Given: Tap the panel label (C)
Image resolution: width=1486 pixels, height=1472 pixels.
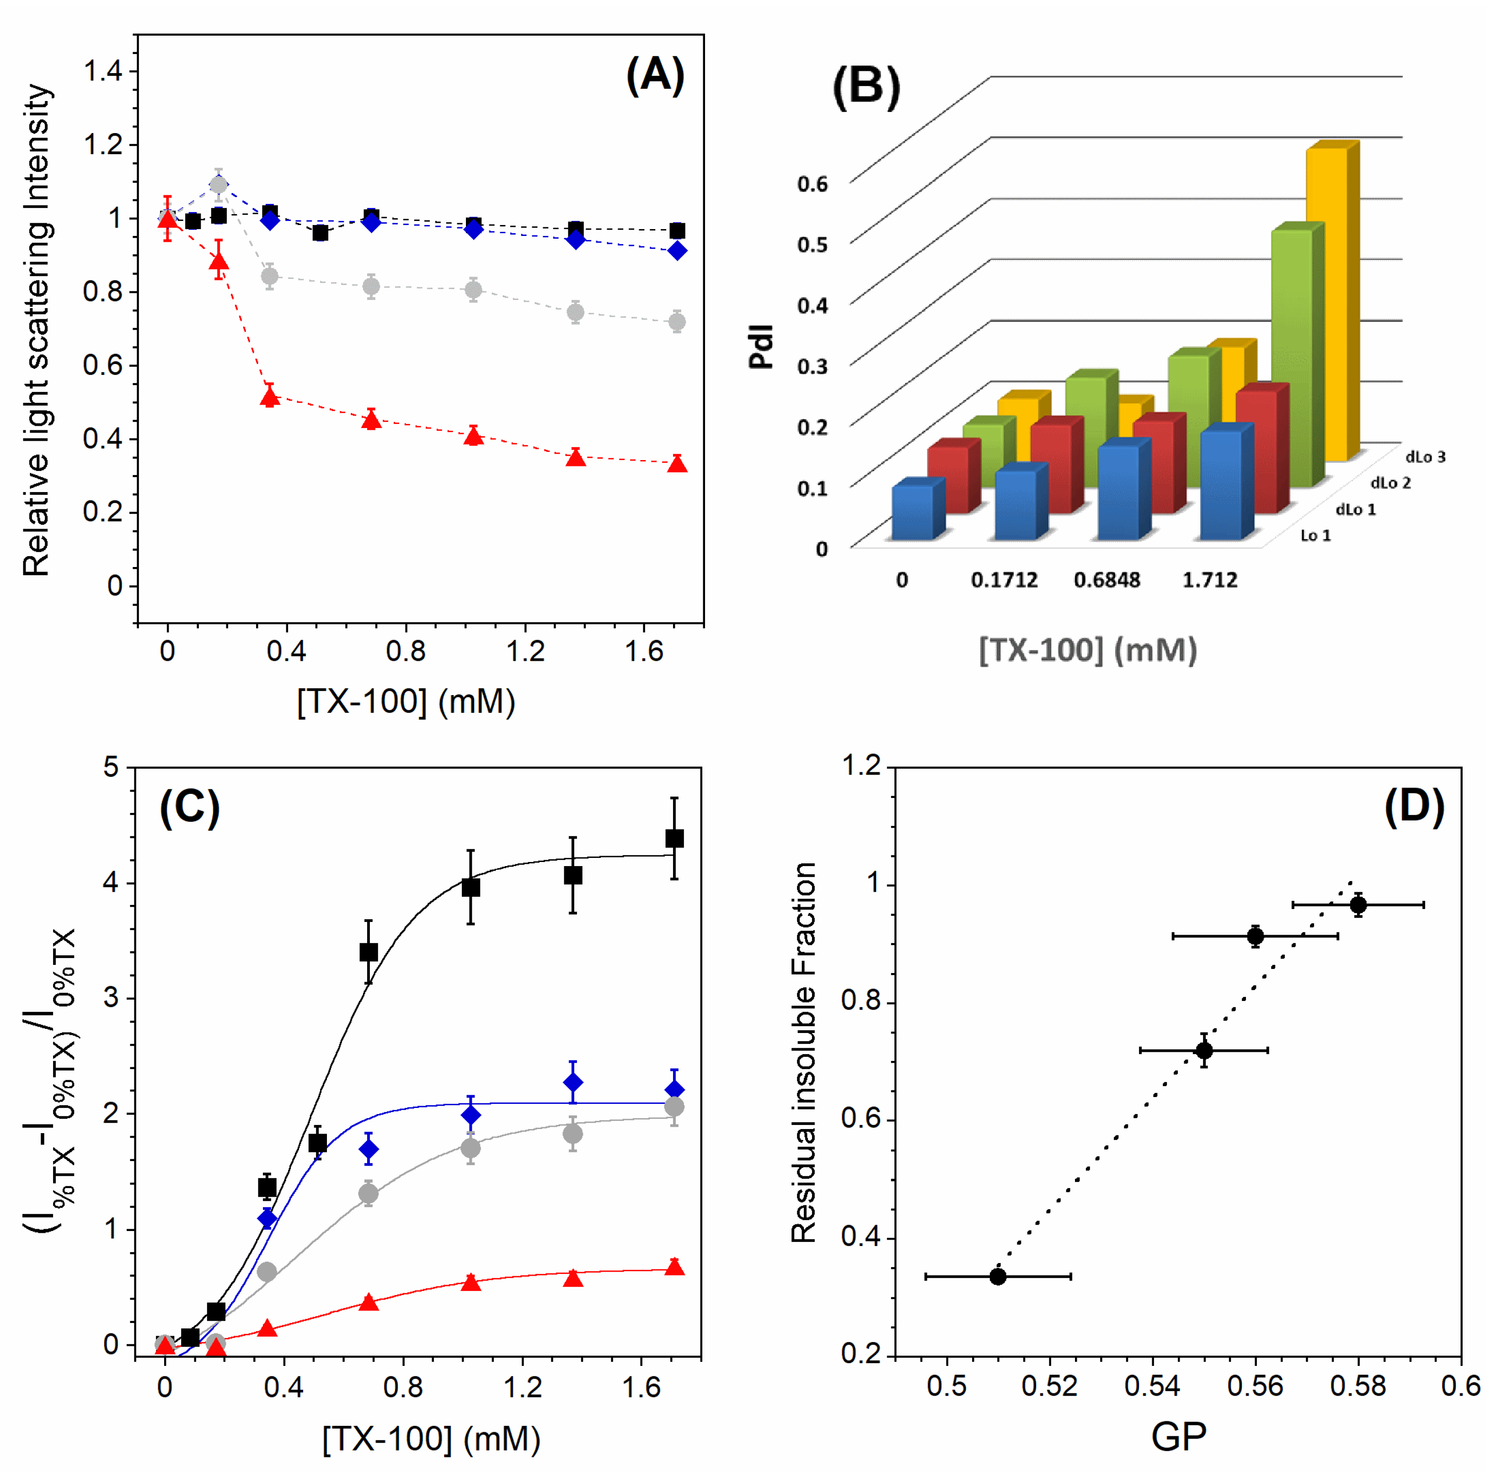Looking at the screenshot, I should coord(189,808).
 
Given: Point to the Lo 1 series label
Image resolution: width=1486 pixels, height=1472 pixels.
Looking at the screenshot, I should coord(1315,535).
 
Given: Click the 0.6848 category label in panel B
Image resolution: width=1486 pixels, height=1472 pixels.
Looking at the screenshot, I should coord(1107,580).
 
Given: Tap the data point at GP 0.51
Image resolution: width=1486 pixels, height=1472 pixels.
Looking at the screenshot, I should coord(998,1277).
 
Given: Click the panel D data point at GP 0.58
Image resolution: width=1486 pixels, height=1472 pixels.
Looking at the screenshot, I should coord(1358,905).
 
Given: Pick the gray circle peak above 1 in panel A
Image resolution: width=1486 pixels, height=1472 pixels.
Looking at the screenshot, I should coord(219,185).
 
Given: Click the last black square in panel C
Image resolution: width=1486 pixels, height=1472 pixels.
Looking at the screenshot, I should coord(674,838).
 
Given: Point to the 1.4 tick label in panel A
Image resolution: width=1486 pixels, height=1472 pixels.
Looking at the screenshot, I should coord(102,71).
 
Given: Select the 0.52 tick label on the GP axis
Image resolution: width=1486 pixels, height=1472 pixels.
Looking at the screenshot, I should coord(1049,1386).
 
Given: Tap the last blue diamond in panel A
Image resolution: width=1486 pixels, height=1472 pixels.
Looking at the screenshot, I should coord(677,251).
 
